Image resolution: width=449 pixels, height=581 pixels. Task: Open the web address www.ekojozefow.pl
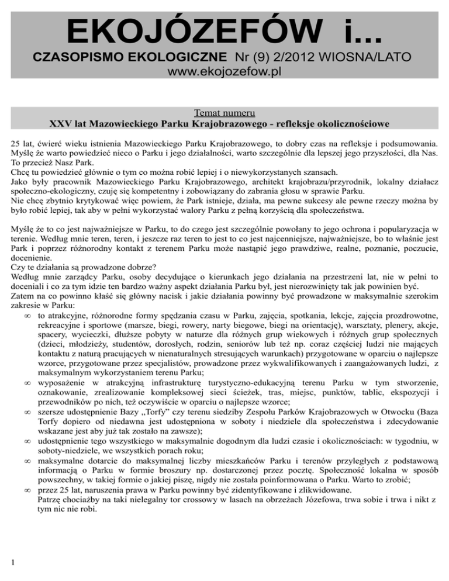point(225,74)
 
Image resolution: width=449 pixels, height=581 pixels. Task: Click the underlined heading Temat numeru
point(225,112)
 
